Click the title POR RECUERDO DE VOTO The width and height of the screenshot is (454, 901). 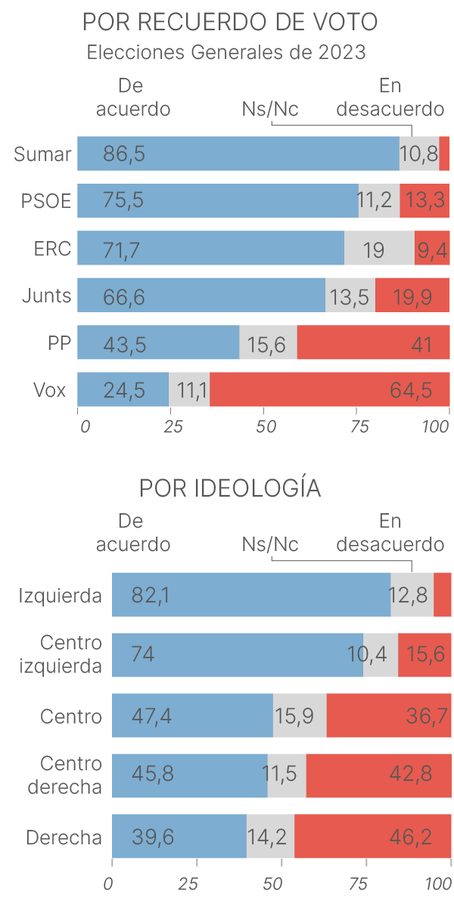click(x=229, y=22)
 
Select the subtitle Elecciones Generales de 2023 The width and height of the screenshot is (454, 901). click(x=226, y=53)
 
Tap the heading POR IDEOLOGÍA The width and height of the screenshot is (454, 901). click(x=229, y=488)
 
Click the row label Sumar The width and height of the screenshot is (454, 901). click(x=42, y=154)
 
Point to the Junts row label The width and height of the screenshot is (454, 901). click(x=47, y=296)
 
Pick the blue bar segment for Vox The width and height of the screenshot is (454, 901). click(x=123, y=390)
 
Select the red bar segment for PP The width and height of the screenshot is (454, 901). click(x=373, y=343)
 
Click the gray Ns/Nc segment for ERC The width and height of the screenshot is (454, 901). click(x=378, y=249)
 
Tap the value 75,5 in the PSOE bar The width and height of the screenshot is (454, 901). click(x=123, y=202)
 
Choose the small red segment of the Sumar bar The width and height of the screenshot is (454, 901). click(x=444, y=154)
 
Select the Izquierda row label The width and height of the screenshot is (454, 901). click(x=61, y=596)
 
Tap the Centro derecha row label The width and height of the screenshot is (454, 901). click(x=64, y=776)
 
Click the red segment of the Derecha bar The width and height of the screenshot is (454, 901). click(x=372, y=837)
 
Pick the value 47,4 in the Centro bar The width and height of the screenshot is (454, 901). click(x=151, y=716)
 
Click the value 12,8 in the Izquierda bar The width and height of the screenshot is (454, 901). click(x=409, y=596)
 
